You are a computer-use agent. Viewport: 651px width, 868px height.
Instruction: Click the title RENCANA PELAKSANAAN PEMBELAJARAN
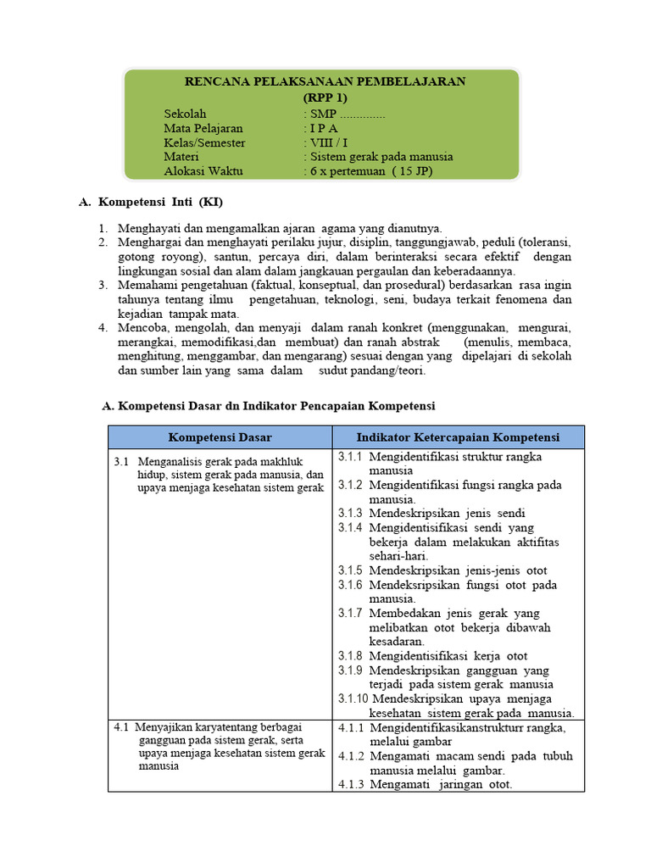click(x=325, y=81)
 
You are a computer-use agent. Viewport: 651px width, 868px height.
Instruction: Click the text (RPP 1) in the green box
click(x=325, y=97)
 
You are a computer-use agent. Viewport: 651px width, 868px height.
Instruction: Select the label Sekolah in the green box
click(x=185, y=114)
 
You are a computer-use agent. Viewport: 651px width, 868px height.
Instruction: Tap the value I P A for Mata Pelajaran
click(x=324, y=128)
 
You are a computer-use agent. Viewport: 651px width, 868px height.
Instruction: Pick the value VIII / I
click(x=329, y=142)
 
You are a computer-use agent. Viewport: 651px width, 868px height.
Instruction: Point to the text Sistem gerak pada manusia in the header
click(x=381, y=157)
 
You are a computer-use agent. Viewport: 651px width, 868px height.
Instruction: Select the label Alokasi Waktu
click(x=203, y=171)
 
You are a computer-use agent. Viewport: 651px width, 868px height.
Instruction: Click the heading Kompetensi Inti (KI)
click(x=161, y=203)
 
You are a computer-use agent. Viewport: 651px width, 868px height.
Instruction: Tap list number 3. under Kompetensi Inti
click(x=102, y=286)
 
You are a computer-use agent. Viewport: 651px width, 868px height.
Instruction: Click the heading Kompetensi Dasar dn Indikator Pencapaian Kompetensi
click(x=275, y=407)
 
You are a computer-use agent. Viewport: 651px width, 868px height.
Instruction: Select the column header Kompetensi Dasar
click(x=220, y=437)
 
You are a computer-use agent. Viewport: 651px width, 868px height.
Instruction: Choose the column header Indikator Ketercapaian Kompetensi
click(x=458, y=437)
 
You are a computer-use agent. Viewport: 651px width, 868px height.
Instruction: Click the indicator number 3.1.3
click(x=350, y=514)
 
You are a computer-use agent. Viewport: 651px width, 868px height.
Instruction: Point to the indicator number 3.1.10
click(x=353, y=699)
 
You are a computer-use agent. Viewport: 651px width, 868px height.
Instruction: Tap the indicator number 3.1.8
click(x=350, y=656)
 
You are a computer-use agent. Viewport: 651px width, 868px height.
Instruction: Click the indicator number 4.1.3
click(x=350, y=785)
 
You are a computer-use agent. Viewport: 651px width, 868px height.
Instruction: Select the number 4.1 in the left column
click(x=121, y=727)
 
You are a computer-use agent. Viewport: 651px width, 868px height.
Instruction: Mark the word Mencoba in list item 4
click(x=141, y=328)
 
